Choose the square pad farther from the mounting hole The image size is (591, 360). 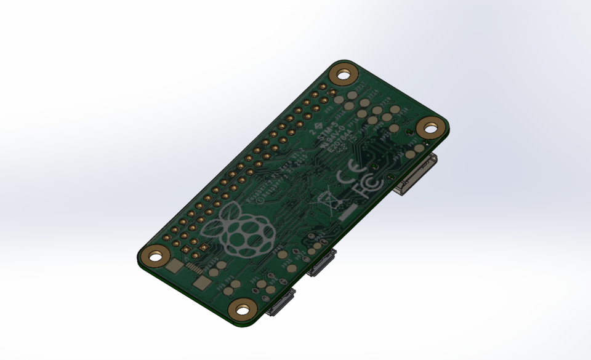(x=202, y=284)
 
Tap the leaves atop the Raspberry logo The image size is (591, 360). (x=229, y=214)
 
